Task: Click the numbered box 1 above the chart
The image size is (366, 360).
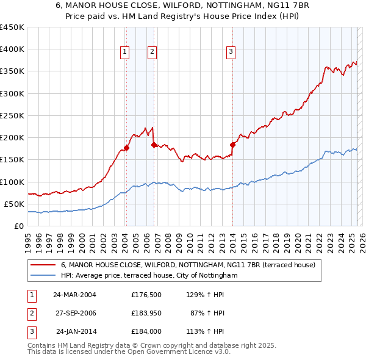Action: click(124, 52)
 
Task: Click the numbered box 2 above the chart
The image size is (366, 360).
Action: click(151, 52)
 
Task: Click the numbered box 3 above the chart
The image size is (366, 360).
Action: click(231, 52)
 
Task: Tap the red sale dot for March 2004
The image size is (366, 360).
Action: click(126, 148)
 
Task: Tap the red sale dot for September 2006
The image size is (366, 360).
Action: click(154, 145)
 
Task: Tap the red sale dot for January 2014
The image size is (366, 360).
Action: click(232, 145)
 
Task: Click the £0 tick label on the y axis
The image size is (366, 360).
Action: click(19, 226)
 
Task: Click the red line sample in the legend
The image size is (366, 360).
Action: click(43, 265)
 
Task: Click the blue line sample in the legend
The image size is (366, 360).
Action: click(43, 276)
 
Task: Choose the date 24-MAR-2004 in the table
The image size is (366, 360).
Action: click(74, 295)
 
